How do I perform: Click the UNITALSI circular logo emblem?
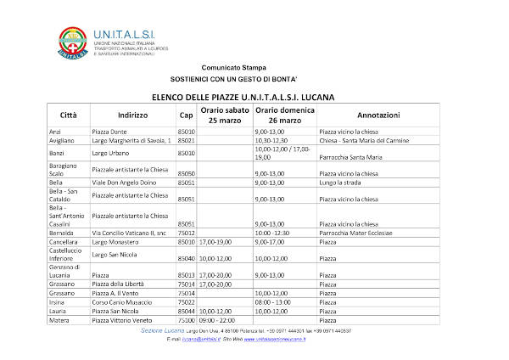73,42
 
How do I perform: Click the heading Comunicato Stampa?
233,67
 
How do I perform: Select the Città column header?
68,115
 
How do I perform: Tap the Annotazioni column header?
378,115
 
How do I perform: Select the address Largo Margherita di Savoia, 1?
131,141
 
